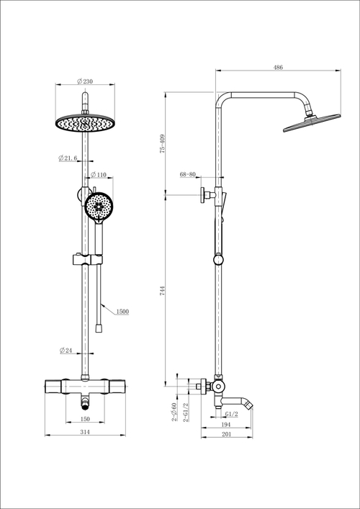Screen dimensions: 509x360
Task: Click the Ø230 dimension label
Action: point(85,82)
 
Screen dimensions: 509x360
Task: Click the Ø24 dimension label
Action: point(67,351)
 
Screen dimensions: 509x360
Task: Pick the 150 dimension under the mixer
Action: point(85,418)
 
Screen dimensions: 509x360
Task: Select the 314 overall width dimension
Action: point(85,432)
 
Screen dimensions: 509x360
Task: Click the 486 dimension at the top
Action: point(277,67)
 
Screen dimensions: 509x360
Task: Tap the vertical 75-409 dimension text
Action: point(163,143)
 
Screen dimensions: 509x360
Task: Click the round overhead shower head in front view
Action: point(85,123)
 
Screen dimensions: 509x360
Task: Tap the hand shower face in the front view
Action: point(97,207)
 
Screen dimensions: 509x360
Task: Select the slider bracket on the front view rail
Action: point(85,258)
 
